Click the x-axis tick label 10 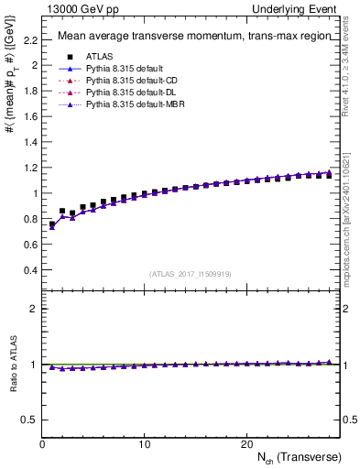144,442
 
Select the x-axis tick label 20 245,442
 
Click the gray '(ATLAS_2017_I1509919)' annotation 190,273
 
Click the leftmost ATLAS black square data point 52,224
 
